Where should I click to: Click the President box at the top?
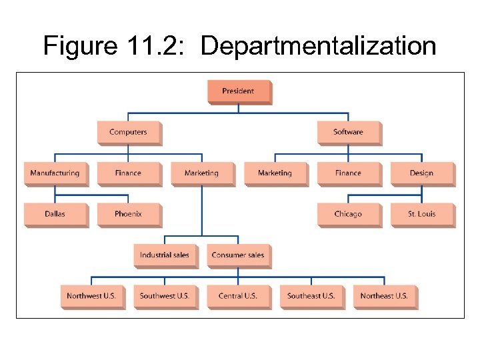click(239, 91)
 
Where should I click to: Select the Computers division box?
click(128, 132)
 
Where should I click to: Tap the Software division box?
click(348, 132)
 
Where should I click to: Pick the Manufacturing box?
click(55, 173)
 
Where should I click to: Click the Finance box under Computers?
click(128, 173)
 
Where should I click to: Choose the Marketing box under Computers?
click(201, 173)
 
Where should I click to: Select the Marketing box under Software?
click(275, 173)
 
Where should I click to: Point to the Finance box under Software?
click(348, 173)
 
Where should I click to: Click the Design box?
click(421, 173)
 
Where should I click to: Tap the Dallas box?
click(55, 214)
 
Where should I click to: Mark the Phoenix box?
click(128, 214)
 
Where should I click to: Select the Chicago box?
click(348, 214)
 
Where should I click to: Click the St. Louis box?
click(421, 214)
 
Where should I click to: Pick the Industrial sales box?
click(165, 255)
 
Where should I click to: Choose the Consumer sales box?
click(238, 255)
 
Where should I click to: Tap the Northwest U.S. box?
click(91, 296)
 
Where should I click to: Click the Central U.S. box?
click(238, 296)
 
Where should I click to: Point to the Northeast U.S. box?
click(384, 296)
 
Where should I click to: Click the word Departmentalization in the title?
click(318, 47)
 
